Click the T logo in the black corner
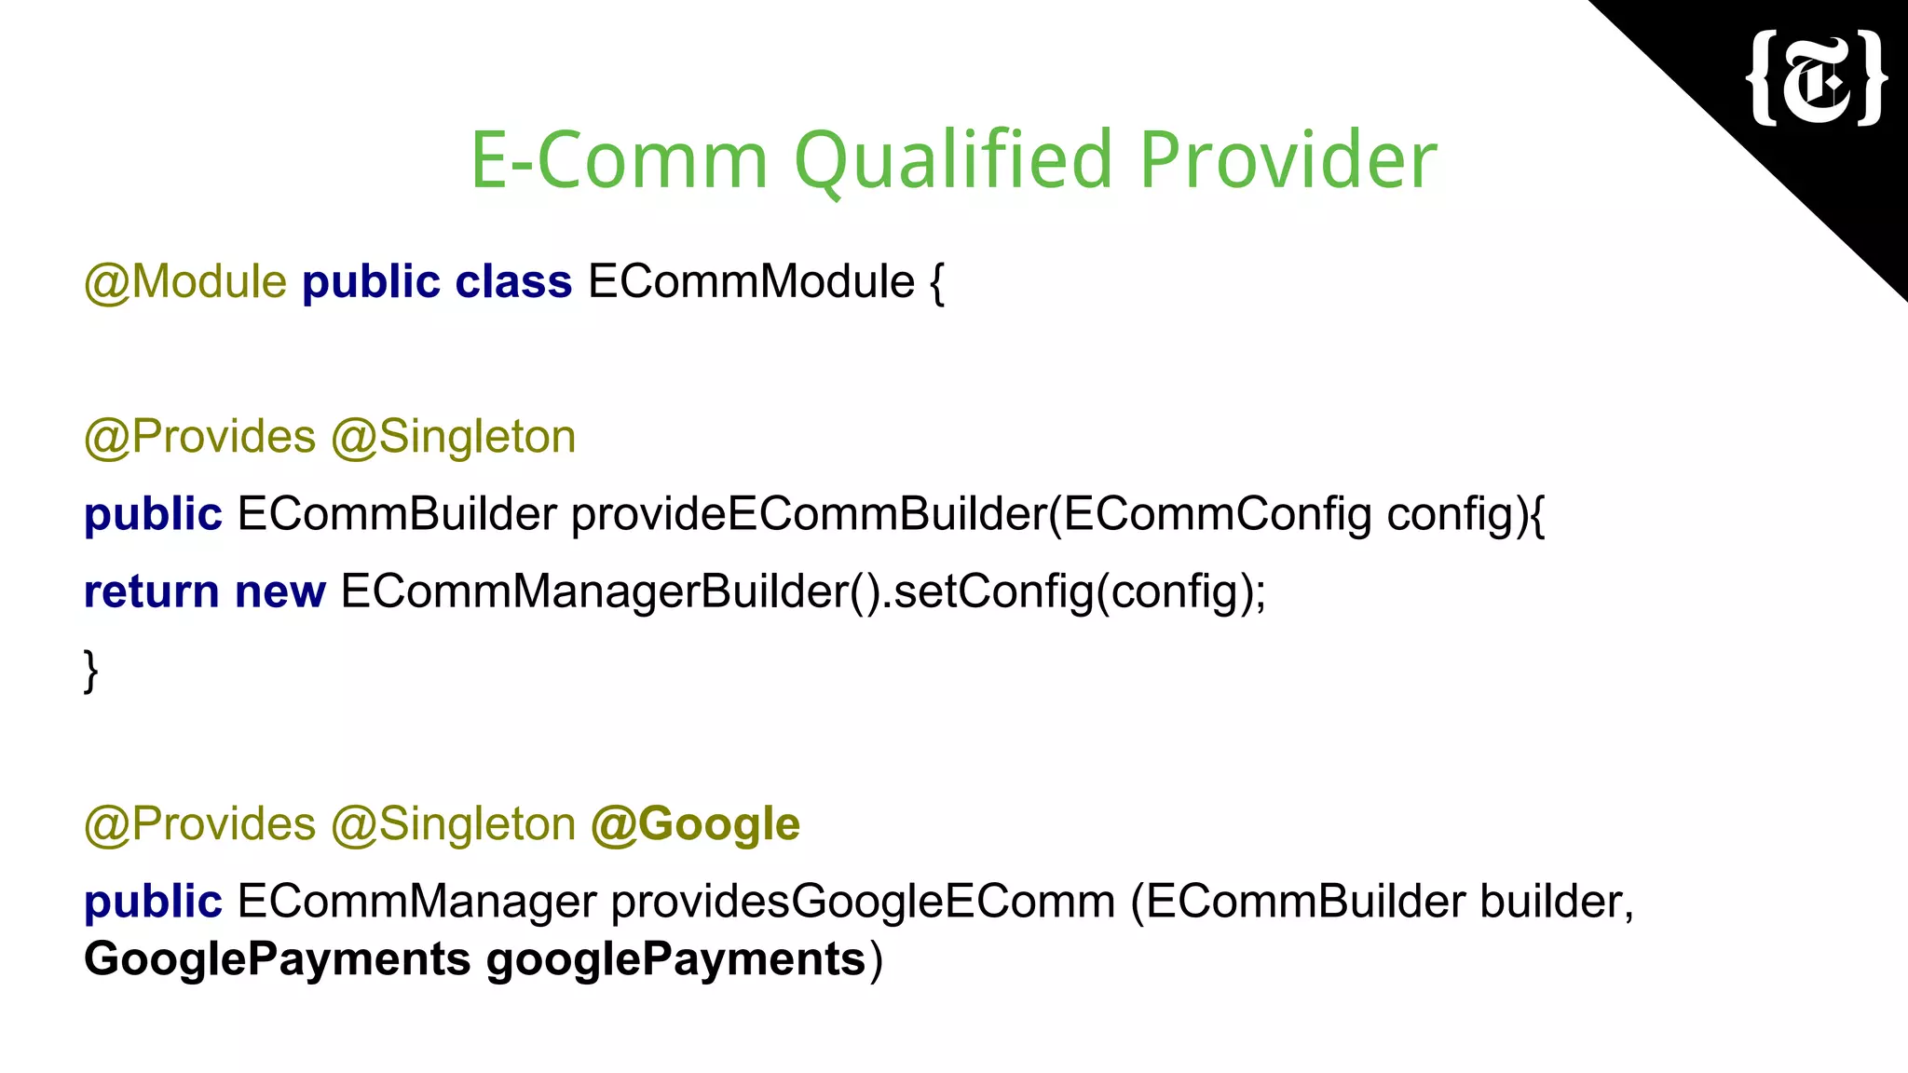pos(1818,78)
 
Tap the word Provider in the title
pos(1288,160)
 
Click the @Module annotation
pos(185,281)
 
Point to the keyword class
pos(513,281)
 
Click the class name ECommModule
pos(751,281)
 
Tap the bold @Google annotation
pos(695,824)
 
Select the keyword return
pos(152,591)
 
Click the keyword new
pos(280,591)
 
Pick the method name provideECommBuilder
pos(809,514)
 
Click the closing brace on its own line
pos(90,670)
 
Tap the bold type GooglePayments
pos(277,959)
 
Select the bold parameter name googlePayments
pos(676,959)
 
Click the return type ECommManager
pos(416,902)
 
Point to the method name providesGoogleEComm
pos(863,902)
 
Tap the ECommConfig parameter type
pos(1218,514)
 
